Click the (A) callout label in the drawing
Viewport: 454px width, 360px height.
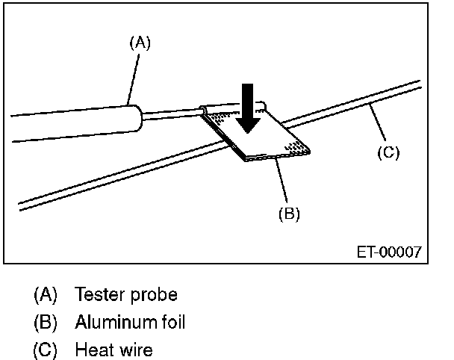click(140, 43)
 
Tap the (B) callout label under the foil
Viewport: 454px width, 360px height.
click(288, 214)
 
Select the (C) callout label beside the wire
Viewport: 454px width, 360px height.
click(388, 153)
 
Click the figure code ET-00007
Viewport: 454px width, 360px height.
click(388, 252)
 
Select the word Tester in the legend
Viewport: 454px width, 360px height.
click(97, 294)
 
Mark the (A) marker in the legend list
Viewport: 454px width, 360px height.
click(46, 294)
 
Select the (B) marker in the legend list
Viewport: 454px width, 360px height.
click(46, 322)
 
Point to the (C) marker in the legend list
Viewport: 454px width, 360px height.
click(46, 350)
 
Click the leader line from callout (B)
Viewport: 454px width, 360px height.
click(282, 182)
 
